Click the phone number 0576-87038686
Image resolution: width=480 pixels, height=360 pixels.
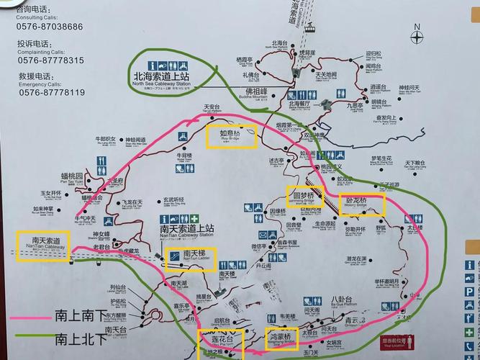50,27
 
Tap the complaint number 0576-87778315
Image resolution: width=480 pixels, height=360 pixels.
50,60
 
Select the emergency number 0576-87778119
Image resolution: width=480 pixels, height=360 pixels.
52,92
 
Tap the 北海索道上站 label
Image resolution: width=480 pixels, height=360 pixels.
161,76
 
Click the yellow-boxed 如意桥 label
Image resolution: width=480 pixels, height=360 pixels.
230,135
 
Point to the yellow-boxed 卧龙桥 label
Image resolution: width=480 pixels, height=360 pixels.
362,202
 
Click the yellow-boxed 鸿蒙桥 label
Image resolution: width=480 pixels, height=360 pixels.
281,336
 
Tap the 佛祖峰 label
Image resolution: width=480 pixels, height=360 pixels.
256,92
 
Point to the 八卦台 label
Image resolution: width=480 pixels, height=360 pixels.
341,300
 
